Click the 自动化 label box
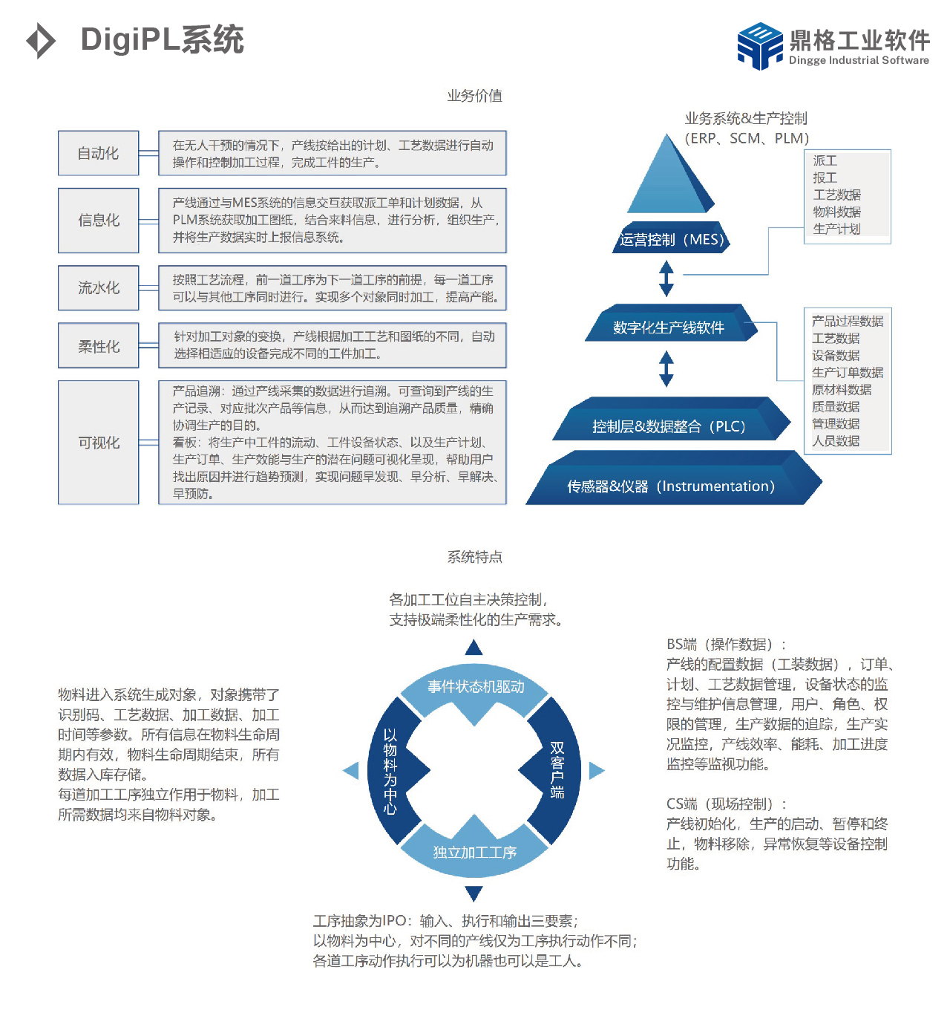pos(98,152)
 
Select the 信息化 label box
pos(98,220)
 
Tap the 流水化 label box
pos(98,287)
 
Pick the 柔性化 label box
pos(98,345)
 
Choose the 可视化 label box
pos(98,442)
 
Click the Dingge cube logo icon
pos(759,45)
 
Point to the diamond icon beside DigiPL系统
pos(40,40)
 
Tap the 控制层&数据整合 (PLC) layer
pos(670,418)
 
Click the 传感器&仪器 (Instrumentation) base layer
pos(673,478)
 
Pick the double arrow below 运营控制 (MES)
pos(666,278)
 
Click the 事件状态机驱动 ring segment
pos(474,688)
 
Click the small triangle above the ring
pos(474,648)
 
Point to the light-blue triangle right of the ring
pos(595,769)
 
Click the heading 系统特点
pos(474,556)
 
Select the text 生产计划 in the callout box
pos(836,229)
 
